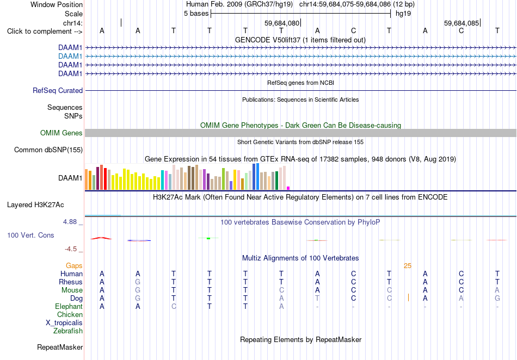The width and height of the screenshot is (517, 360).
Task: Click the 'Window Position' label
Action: [57, 4]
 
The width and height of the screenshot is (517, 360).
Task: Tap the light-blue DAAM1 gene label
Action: [70, 57]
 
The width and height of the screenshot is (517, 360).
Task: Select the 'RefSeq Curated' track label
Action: [58, 91]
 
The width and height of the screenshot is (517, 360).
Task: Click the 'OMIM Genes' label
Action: [61, 133]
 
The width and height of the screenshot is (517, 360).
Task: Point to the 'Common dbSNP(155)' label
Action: [48, 150]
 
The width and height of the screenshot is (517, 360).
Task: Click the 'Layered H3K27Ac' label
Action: [35, 205]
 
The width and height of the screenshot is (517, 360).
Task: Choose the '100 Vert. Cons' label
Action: [30, 235]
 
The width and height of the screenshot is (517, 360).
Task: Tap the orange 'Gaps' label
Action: [74, 265]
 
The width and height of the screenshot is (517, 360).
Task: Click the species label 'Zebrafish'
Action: [68, 331]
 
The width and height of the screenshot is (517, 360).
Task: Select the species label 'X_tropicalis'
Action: [64, 323]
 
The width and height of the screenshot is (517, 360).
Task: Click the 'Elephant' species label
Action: [69, 306]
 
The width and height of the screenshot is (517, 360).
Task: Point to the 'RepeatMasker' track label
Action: [60, 347]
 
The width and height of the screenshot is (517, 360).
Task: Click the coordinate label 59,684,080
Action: [282, 23]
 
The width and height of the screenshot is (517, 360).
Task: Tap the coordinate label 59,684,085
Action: [461, 23]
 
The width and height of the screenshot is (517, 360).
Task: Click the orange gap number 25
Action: [408, 266]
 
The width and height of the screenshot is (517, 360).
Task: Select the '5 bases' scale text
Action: [196, 14]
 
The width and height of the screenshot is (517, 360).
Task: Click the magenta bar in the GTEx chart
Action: [288, 188]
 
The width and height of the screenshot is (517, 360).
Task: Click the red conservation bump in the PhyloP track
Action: [101, 238]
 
